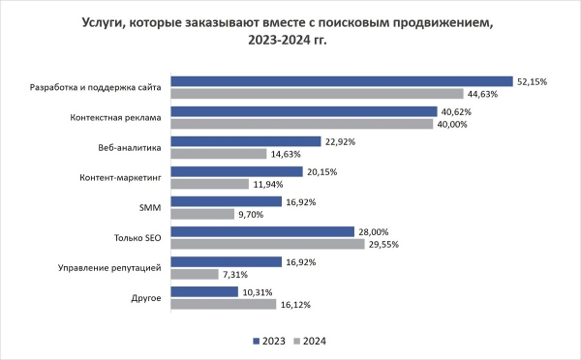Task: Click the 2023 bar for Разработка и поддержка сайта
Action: pos(342,81)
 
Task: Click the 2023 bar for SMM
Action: pos(227,201)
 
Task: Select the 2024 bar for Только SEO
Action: pos(267,244)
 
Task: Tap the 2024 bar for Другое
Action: pos(224,304)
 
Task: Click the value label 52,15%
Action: pos(531,81)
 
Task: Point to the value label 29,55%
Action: pos(382,245)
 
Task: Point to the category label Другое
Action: pos(146,298)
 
